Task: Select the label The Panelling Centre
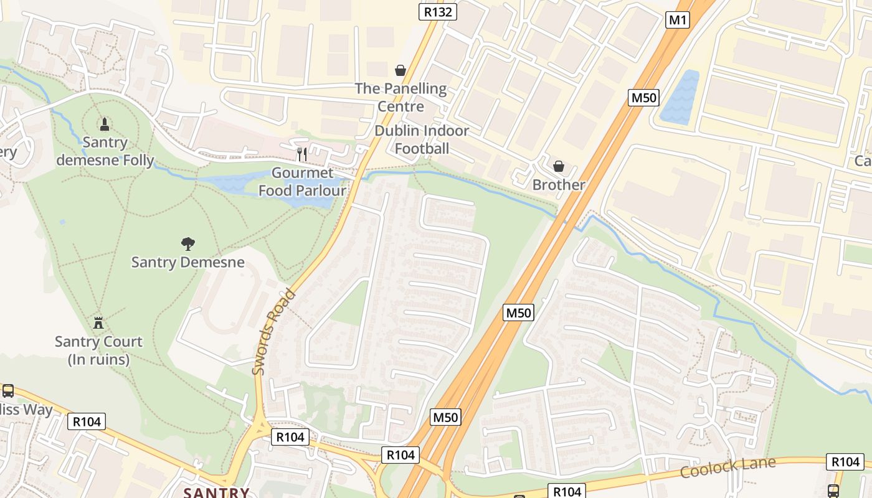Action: click(x=400, y=97)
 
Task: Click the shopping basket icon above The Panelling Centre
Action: click(x=400, y=70)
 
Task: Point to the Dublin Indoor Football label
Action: click(x=422, y=139)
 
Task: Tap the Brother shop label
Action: click(x=559, y=185)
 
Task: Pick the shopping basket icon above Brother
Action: click(x=559, y=166)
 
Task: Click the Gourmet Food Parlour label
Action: click(x=303, y=182)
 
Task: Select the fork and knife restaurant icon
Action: click(x=302, y=154)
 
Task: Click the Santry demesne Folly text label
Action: click(x=105, y=151)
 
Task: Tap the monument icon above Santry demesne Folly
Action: click(x=105, y=124)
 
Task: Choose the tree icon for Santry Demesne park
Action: click(x=187, y=243)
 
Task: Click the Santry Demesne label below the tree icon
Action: click(x=187, y=262)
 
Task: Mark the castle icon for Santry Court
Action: click(x=98, y=322)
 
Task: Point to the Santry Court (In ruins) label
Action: click(x=98, y=350)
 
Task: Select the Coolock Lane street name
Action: click(x=727, y=467)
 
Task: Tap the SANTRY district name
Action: click(x=216, y=492)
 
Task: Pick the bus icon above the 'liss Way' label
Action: click(x=8, y=391)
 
